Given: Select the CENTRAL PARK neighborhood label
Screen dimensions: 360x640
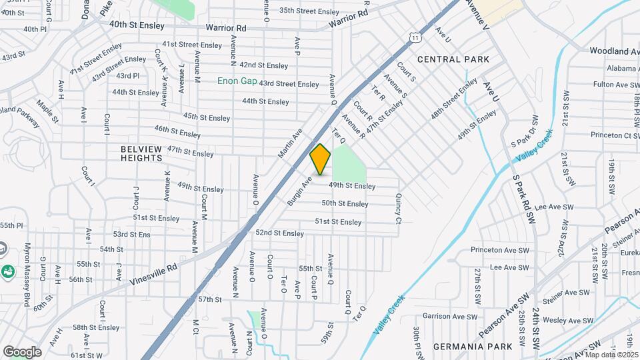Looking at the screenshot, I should tap(453, 59).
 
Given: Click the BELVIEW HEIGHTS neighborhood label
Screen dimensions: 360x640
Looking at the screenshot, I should tap(142, 153).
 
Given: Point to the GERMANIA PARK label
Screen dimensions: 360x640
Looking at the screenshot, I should tap(473, 347).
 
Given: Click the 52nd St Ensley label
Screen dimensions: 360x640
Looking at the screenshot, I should tap(279, 233).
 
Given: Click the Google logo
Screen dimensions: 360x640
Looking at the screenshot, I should tap(22, 351).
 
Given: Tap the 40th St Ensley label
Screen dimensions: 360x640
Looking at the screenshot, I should tap(136, 23).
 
